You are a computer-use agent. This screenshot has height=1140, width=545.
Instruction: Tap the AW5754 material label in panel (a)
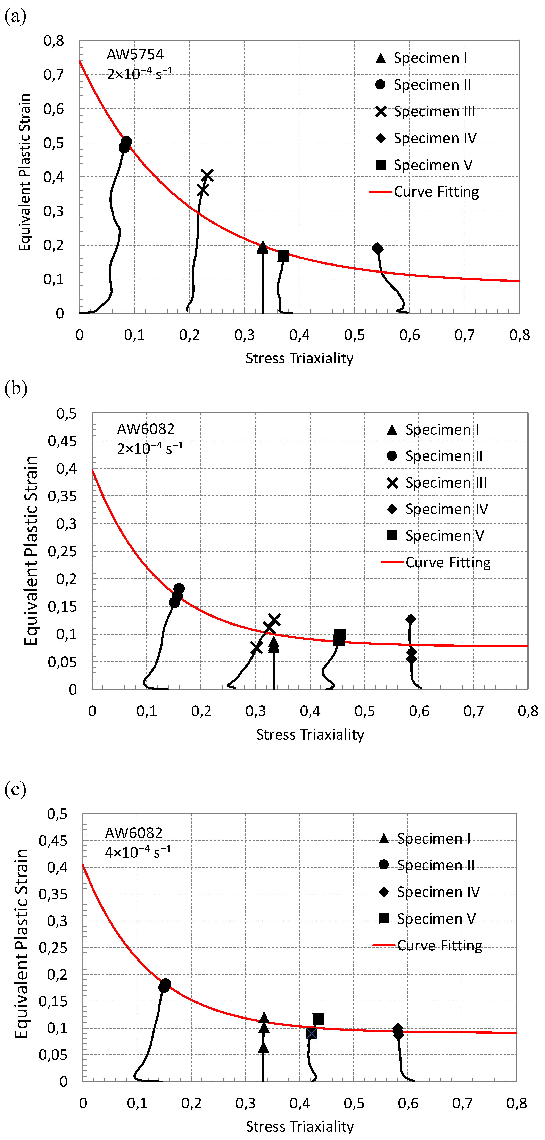coord(135,55)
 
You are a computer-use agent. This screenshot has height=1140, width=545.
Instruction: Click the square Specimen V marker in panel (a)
coord(283,256)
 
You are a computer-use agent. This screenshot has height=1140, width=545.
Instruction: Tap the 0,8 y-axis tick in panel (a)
coord(53,41)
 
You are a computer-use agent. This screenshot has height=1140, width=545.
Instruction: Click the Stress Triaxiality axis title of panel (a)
coord(299,358)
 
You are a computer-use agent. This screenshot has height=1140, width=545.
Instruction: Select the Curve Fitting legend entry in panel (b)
coord(436,562)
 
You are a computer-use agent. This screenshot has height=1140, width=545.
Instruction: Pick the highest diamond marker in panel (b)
coord(411,619)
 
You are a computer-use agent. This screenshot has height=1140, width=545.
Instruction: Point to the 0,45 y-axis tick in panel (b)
coord(62,441)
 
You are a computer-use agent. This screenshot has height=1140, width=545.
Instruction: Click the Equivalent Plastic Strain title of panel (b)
coord(31,551)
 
